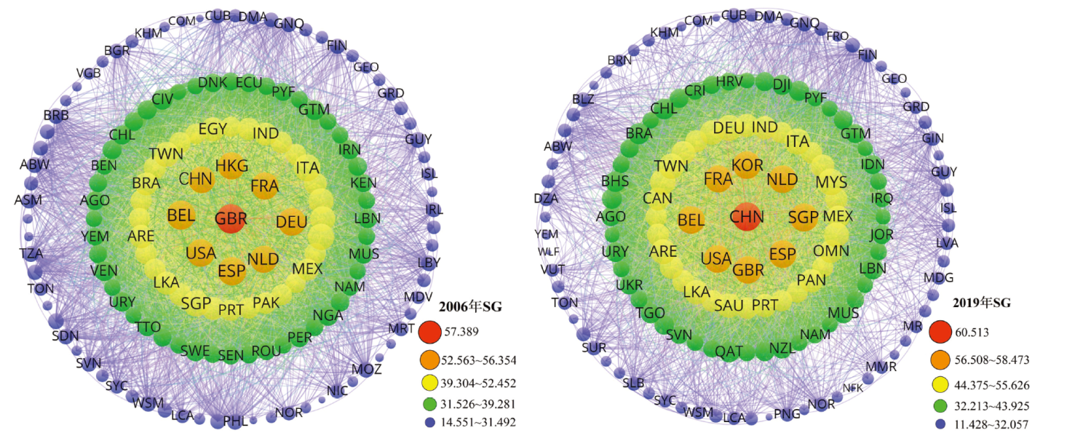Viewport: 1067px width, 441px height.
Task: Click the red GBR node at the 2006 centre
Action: (x=230, y=218)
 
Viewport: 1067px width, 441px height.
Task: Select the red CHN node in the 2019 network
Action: (x=747, y=217)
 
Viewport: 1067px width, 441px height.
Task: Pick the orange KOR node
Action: (x=747, y=164)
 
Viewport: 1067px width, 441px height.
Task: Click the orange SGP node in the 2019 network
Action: (x=803, y=217)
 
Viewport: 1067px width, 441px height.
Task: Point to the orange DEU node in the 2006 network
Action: (x=292, y=221)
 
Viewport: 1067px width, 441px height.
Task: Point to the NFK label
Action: (x=853, y=388)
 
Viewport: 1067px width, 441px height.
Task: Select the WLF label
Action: (x=549, y=251)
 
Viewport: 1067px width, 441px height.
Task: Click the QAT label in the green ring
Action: (x=729, y=351)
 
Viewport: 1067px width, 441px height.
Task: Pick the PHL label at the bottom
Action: (x=235, y=421)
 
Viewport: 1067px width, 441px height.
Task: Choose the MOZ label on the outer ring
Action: (x=366, y=370)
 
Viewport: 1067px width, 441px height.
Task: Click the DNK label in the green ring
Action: (x=213, y=82)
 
